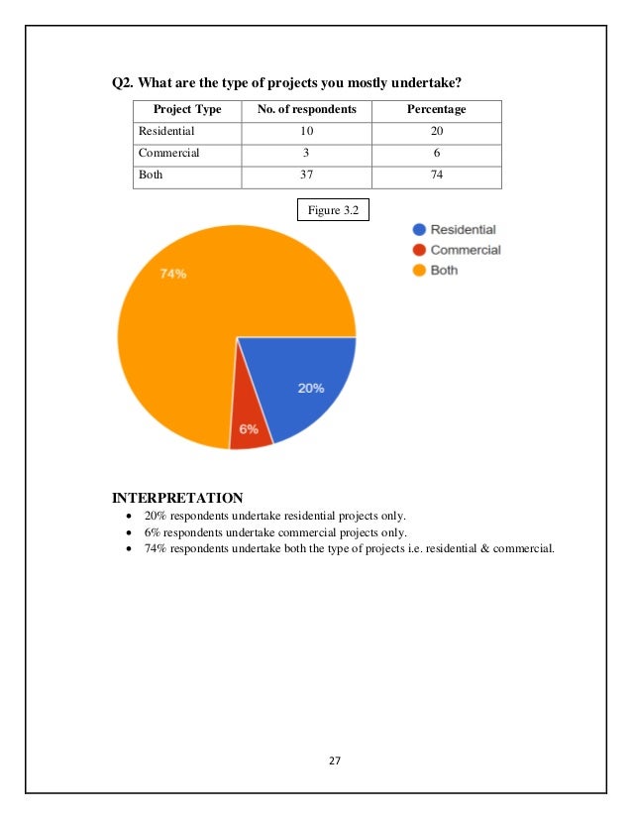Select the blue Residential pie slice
coord(297,382)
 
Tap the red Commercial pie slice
coord(250,421)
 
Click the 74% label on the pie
coord(173,275)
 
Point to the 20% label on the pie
coord(311,389)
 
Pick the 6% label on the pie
coord(250,429)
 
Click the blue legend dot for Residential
coord(419,230)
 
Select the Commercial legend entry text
coord(466,250)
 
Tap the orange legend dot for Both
coord(419,270)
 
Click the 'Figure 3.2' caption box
coord(333,209)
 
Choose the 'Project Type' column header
coord(188,109)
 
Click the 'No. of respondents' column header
coord(306,109)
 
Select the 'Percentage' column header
coord(436,109)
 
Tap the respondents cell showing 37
coord(306,175)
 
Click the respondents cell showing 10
coord(306,131)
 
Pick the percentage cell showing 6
coord(436,153)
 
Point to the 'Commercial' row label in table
coord(169,153)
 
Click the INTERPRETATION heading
coord(177,497)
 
